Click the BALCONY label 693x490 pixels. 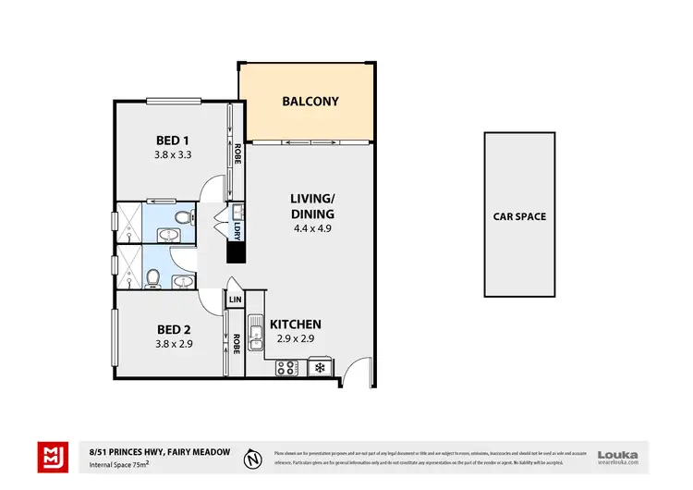coord(310,102)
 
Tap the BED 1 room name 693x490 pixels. coord(173,141)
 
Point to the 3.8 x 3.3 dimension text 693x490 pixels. coord(173,155)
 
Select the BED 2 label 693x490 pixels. coord(173,329)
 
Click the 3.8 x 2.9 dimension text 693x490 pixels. coord(173,344)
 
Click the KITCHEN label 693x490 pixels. coord(295,325)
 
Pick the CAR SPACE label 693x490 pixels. coord(519,217)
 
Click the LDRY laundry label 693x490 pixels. coord(237,230)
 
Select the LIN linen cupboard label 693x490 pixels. coord(236,301)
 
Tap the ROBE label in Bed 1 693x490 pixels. coord(237,153)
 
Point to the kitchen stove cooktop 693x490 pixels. coord(287,368)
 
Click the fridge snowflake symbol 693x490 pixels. coord(320,368)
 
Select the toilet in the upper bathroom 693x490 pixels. coord(185,218)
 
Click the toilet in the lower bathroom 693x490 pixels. coord(152,275)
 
